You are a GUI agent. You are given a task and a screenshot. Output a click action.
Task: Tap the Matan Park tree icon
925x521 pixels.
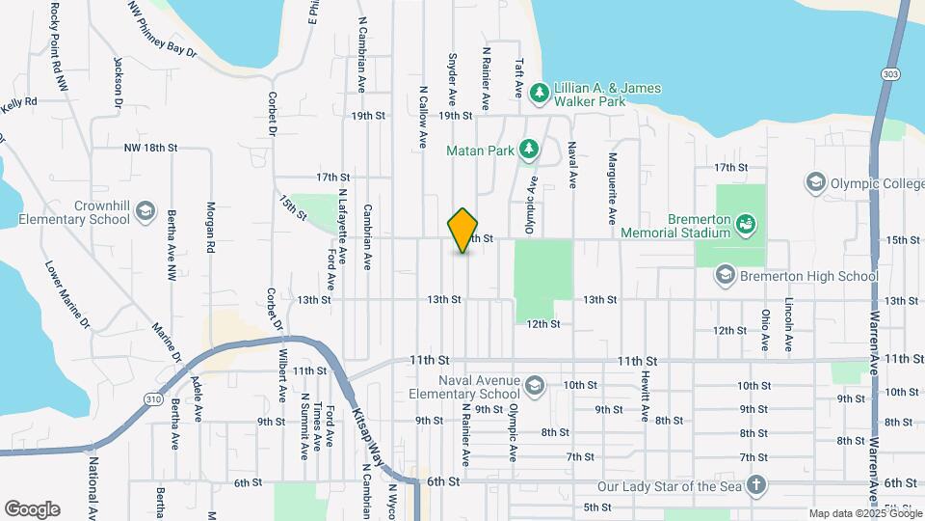tap(528, 149)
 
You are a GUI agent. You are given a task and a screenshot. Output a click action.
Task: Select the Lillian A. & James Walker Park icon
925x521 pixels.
tap(541, 92)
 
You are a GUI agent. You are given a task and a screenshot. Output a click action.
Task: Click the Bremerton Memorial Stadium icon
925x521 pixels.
tap(745, 225)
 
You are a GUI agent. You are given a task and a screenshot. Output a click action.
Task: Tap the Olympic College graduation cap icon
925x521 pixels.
tap(816, 183)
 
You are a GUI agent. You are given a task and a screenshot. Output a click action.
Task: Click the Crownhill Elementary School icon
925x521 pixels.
tap(145, 211)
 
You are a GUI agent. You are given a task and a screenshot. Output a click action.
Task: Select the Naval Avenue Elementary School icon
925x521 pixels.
tap(533, 387)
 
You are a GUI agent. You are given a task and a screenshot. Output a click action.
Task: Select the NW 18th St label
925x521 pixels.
tap(150, 148)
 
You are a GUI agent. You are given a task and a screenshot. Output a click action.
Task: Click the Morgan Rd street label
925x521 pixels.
tap(210, 228)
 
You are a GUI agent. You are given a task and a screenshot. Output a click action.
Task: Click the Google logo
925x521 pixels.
tap(32, 508)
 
